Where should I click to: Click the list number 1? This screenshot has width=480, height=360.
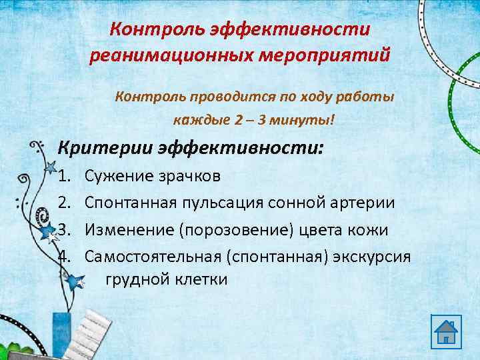coord(64,176)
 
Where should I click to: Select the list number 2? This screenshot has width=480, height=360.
coord(64,202)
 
